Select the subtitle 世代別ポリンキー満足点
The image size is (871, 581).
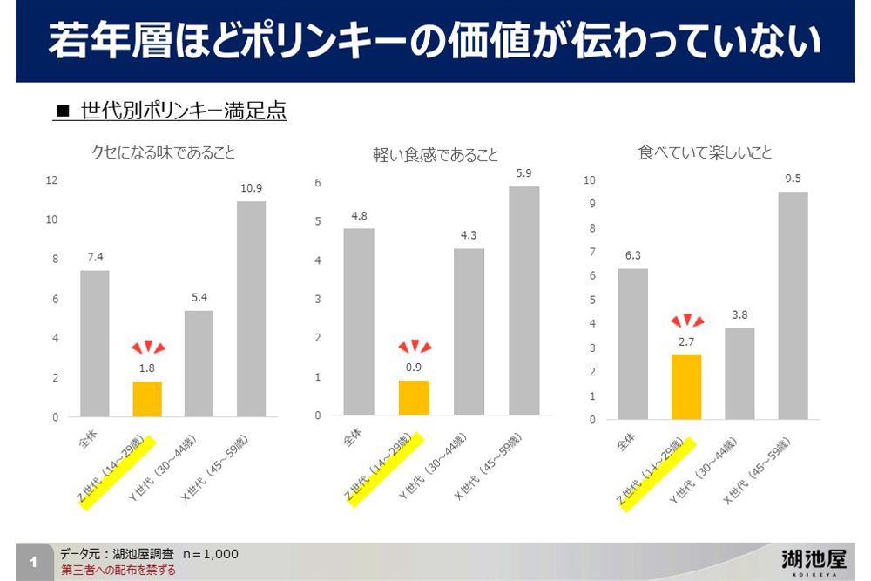183,111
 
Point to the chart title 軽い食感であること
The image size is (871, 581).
435,156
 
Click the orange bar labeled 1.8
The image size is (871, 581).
147,398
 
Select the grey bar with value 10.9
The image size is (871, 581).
251,308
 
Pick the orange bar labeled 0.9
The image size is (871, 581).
414,397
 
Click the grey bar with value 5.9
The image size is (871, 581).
523,301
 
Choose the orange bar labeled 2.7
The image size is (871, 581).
686,386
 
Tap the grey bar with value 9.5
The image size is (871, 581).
793,305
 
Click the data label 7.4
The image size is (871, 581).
95,257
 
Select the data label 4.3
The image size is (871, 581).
469,235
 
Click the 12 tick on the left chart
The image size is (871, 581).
51,180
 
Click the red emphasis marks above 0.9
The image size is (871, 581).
414,346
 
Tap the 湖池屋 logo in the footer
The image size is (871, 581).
814,560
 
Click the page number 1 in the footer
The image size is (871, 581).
32,563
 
